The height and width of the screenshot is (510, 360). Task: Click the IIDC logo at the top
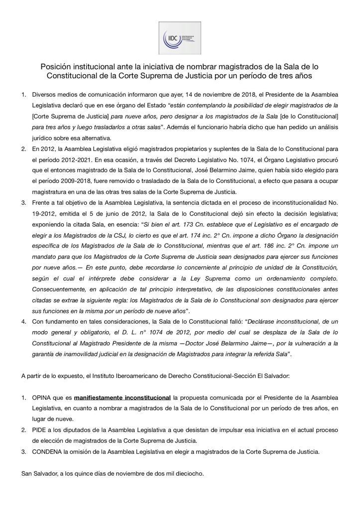coord(180,38)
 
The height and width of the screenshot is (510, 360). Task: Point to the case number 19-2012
coord(41,214)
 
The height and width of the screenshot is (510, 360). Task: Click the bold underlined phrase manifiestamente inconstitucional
coord(122,397)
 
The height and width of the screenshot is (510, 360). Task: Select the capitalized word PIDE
coord(40,430)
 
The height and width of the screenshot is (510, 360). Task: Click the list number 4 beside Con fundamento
coord(23,322)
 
